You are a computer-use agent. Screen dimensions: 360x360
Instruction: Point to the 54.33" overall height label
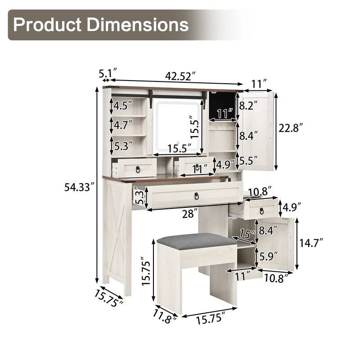point(79,188)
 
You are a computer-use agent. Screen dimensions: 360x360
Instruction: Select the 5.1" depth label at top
point(108,72)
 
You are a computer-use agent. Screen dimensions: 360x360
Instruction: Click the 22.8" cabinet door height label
point(291,128)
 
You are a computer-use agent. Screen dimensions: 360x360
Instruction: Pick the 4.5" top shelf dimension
point(123,106)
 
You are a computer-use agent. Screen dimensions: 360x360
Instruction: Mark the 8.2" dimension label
point(248,106)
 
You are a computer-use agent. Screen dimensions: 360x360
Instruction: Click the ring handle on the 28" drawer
point(196,196)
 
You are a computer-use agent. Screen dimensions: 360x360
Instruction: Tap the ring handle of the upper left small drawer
point(138,169)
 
